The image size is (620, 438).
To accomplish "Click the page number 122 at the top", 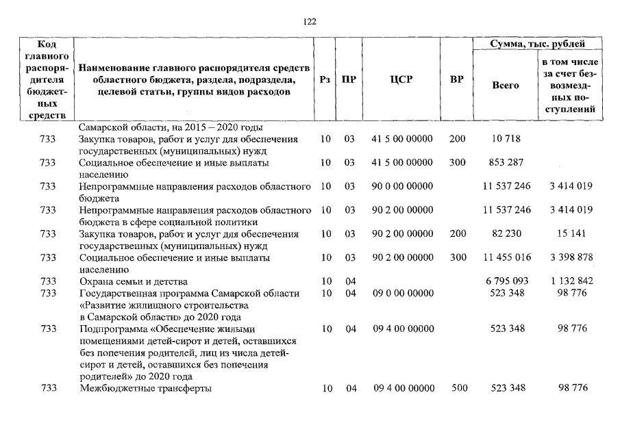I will pyautogui.click(x=310, y=21).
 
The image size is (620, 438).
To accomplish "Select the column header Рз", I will pyautogui.click(x=325, y=80).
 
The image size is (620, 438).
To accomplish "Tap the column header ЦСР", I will pyautogui.click(x=401, y=80).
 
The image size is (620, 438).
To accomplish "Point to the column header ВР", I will pyautogui.click(x=456, y=80).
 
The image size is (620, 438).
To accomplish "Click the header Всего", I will pyautogui.click(x=506, y=86).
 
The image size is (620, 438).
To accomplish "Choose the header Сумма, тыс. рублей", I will pyautogui.click(x=537, y=44).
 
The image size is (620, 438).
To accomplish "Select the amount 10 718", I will pyautogui.click(x=506, y=139).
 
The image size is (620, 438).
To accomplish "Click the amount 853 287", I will pyautogui.click(x=506, y=163).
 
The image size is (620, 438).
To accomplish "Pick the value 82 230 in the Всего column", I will pyautogui.click(x=506, y=234).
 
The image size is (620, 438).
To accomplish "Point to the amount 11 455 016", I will pyautogui.click(x=506, y=257).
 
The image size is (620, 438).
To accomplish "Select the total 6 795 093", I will pyautogui.click(x=506, y=281).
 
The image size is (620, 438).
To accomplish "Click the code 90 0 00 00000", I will pyautogui.click(x=402, y=186).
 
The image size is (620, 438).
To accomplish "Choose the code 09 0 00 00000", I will pyautogui.click(x=402, y=293).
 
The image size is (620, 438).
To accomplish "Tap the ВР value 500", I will pyautogui.click(x=458, y=388).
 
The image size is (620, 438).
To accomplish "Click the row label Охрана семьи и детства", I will pyautogui.click(x=133, y=281).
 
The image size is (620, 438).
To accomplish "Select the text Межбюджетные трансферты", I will pyautogui.click(x=145, y=388).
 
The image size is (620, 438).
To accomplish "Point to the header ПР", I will pyautogui.click(x=349, y=80).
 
